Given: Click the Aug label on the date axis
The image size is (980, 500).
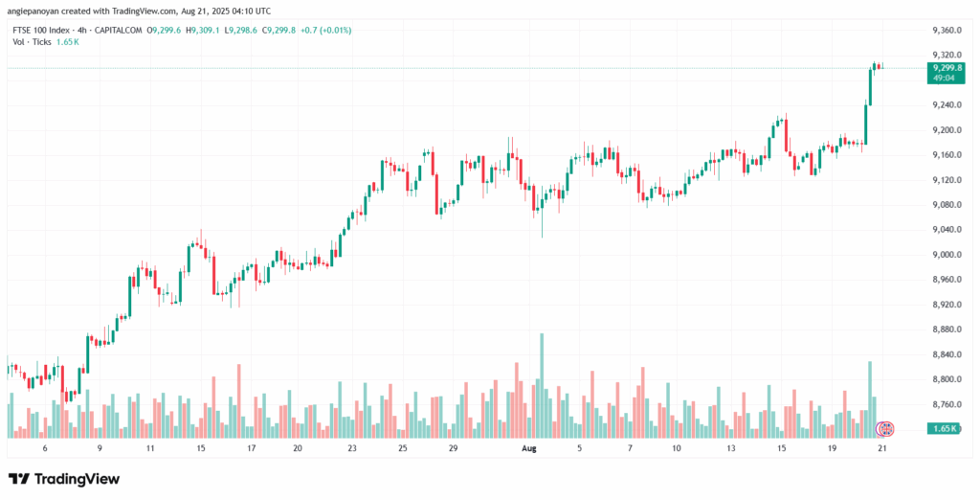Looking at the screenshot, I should coord(529,447).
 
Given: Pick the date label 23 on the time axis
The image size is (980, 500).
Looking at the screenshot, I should coord(352,447).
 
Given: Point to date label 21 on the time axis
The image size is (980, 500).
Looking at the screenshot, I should coord(880,447).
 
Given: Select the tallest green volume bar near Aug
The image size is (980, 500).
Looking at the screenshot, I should coord(542,383).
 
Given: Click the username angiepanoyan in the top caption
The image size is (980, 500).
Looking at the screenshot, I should coord(38,11).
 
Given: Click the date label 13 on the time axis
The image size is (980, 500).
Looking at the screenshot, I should coord(731,447).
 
